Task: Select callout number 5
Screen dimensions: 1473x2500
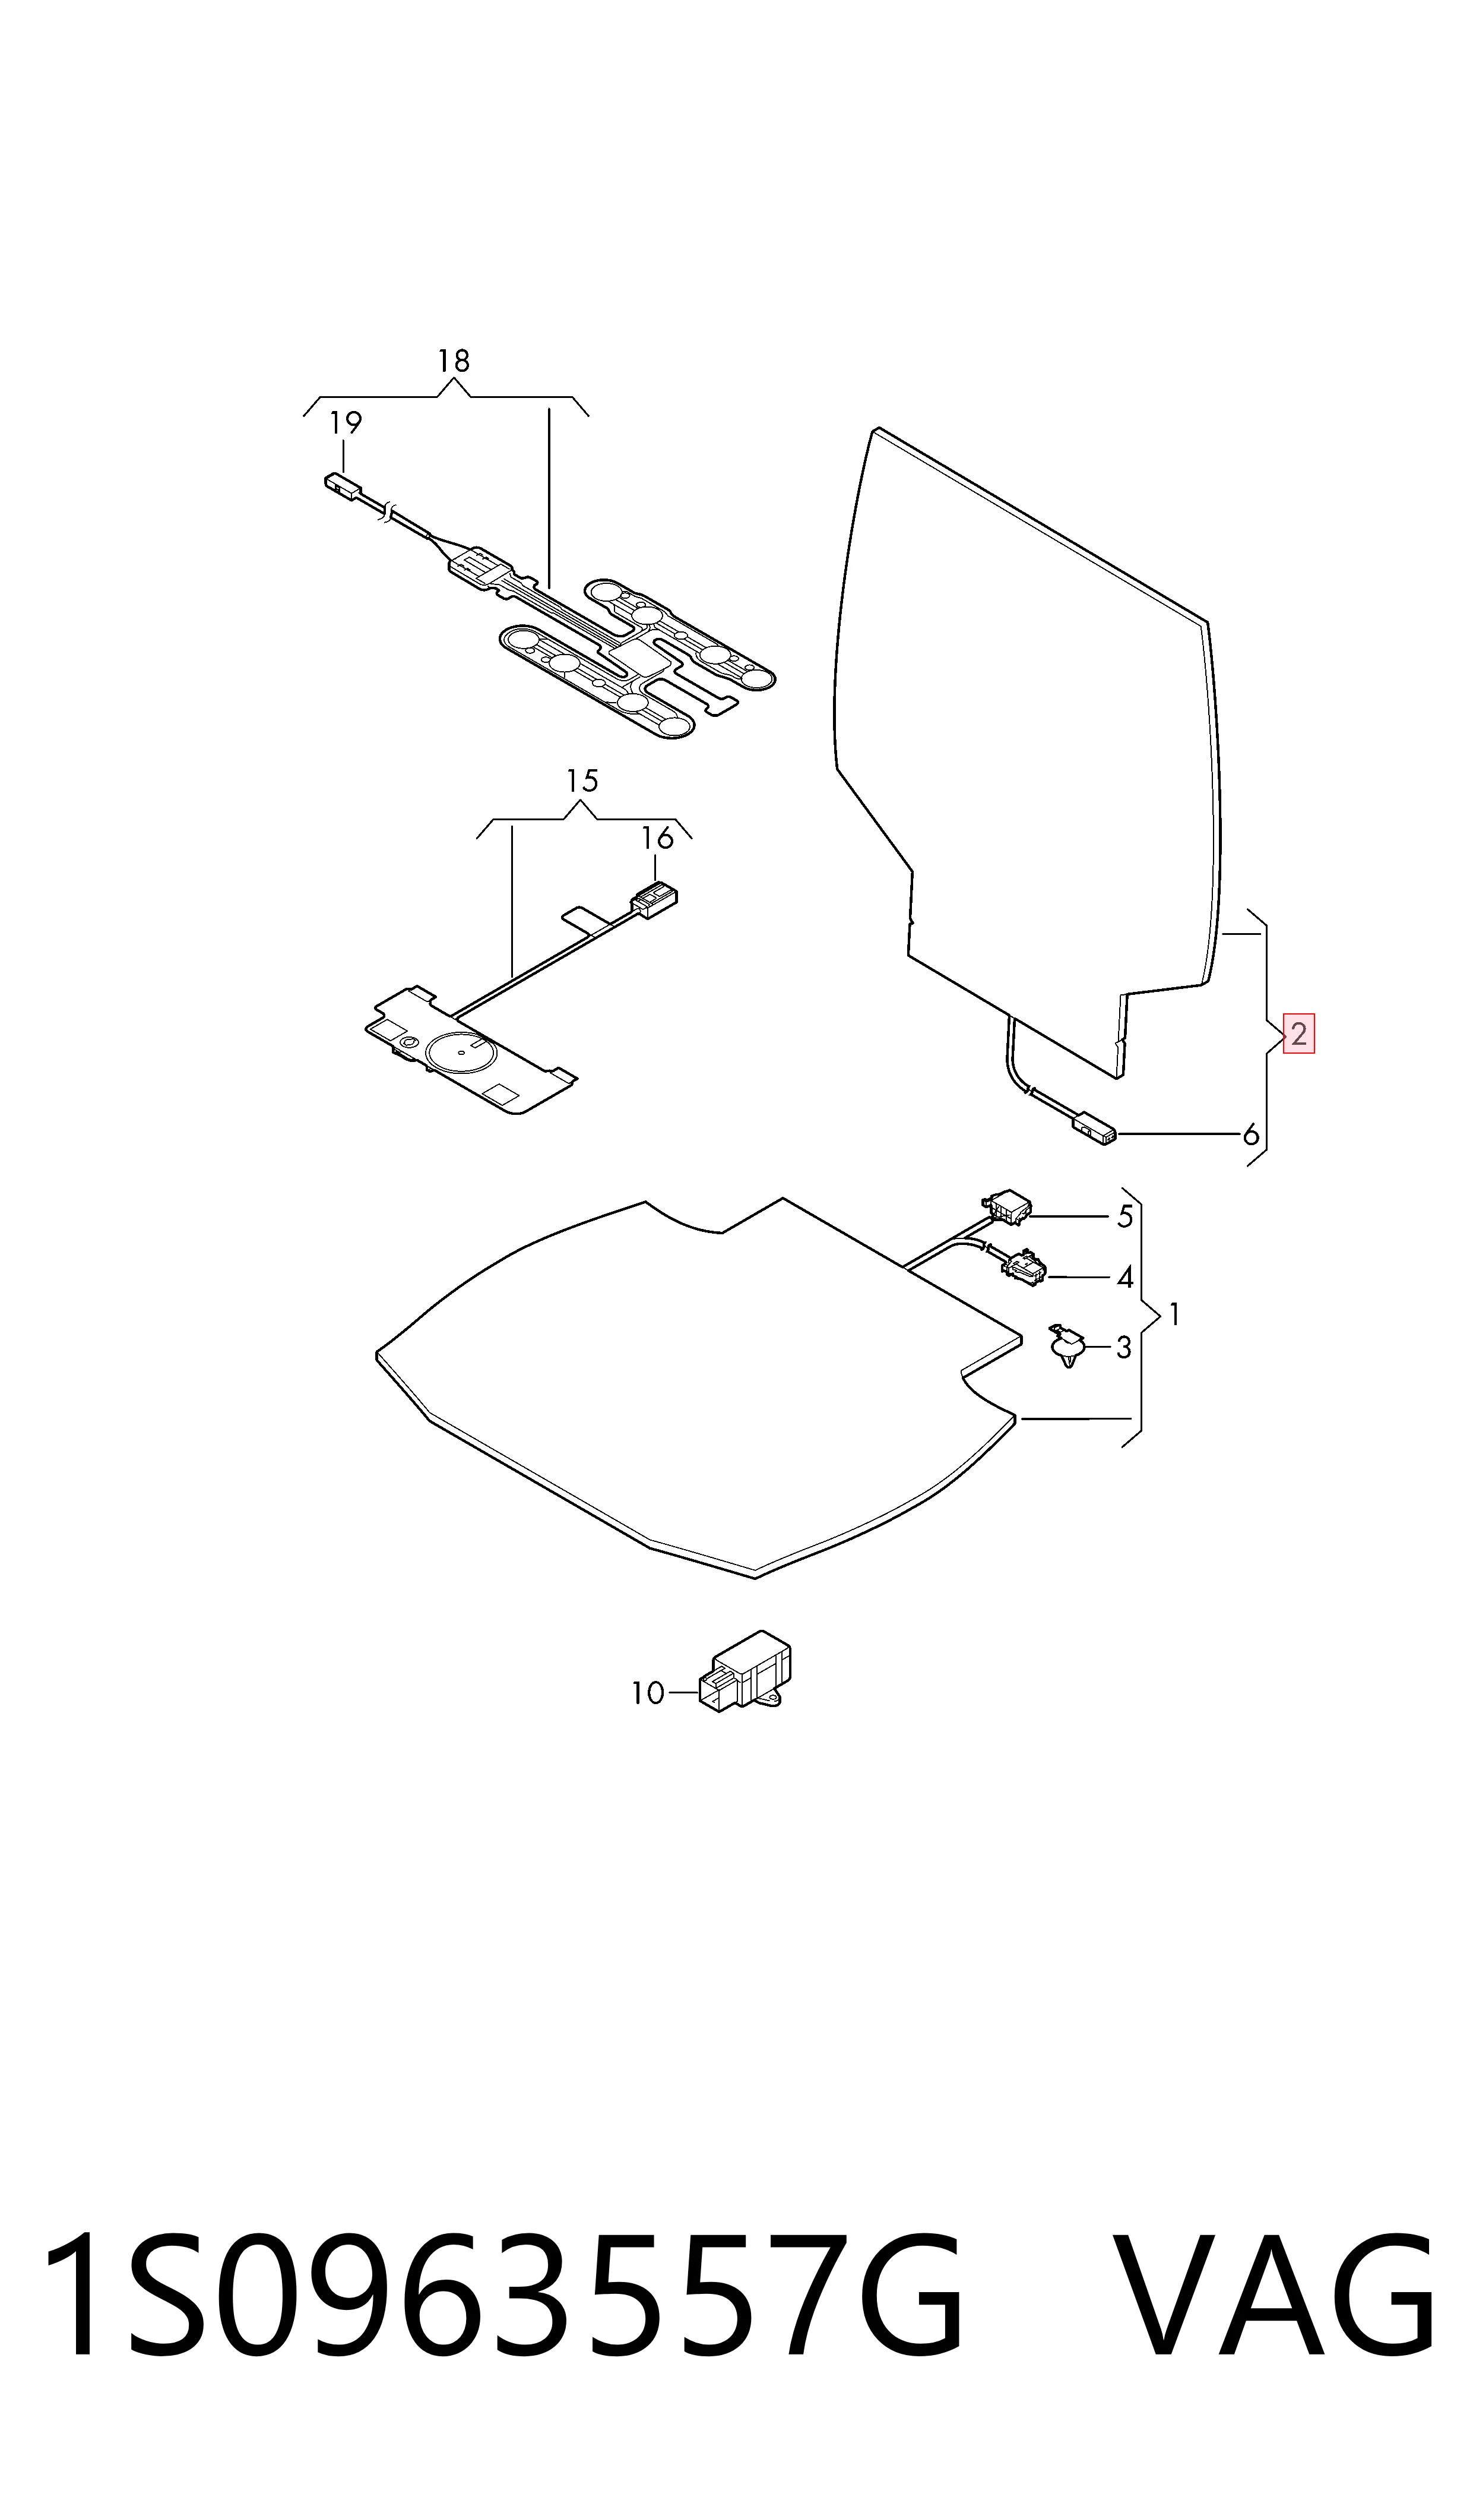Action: point(1124,1216)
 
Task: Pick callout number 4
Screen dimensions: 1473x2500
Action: point(1124,1277)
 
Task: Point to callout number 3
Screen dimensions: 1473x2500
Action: point(1124,1347)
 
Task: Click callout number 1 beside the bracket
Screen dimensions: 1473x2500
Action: point(1175,1314)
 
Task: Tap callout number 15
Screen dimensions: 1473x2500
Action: point(582,782)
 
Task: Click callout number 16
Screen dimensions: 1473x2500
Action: point(657,838)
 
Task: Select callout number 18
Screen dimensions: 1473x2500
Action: point(454,361)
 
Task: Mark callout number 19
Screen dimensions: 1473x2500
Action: point(346,423)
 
